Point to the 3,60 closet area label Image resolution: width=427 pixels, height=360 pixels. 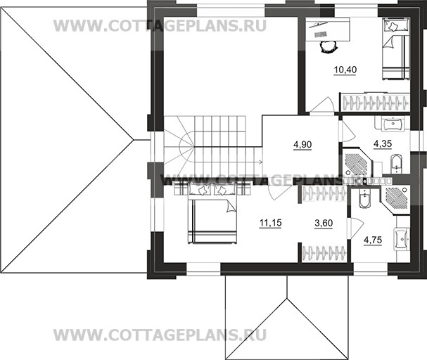[323, 224]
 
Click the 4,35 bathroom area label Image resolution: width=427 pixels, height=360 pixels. [382, 144]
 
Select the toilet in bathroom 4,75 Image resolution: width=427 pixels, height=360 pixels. [366, 200]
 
